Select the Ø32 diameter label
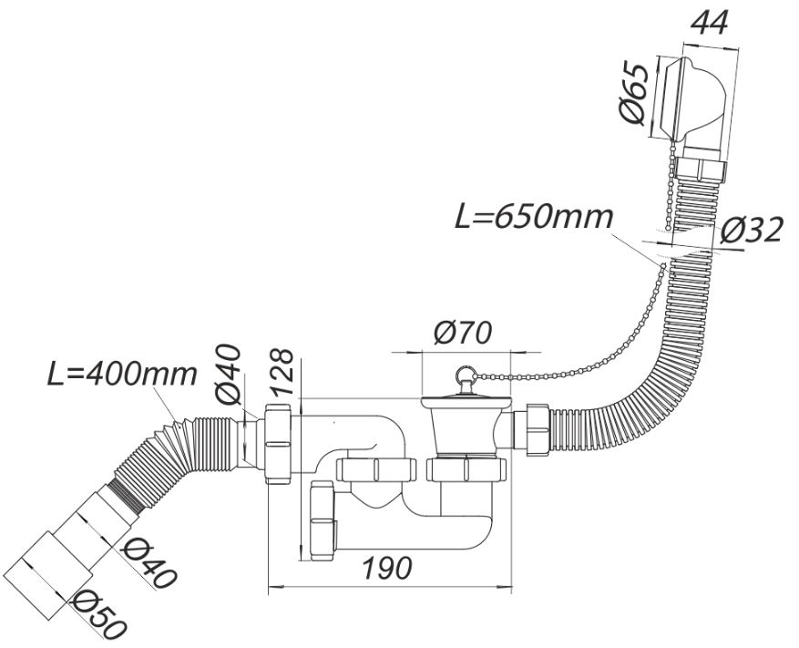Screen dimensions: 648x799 (x=749, y=230)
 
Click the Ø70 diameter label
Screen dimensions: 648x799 (x=463, y=334)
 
